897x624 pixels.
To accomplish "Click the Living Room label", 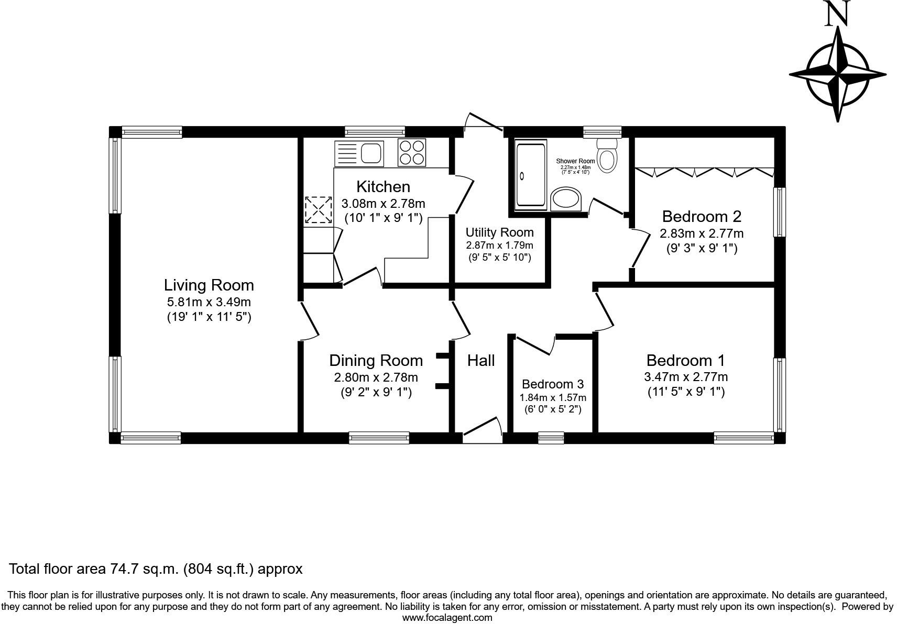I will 209,285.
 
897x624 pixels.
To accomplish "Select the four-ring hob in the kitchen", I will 412,152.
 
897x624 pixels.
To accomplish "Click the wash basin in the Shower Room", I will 566,199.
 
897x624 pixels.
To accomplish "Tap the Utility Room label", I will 499,232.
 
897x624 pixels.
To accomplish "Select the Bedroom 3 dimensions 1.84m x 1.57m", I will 552,398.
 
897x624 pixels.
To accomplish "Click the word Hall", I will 480,360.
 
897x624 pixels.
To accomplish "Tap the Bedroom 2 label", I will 702,216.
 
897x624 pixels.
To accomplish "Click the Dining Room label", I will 376,360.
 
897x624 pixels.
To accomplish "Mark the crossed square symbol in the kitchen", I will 319,210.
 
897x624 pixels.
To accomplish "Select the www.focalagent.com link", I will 447,618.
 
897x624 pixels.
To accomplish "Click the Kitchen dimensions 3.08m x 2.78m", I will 383,203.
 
